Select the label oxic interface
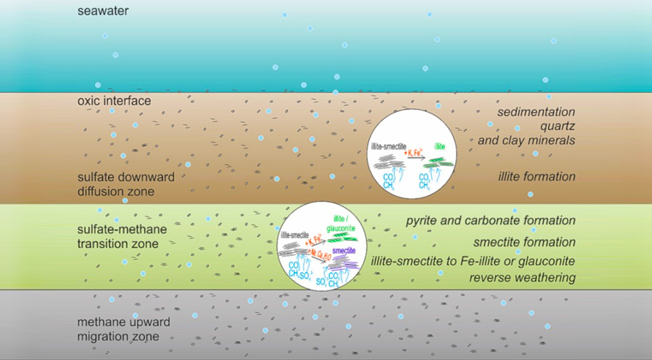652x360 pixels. [113, 101]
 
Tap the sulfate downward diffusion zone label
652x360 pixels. [126, 184]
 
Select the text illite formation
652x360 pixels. [537, 177]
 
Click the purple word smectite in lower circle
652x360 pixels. [345, 251]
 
